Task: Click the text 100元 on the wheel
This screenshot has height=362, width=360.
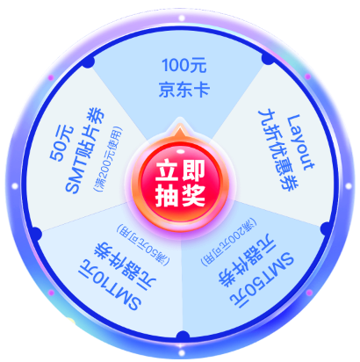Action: coord(184,65)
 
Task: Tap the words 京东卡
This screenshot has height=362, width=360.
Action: coord(184,89)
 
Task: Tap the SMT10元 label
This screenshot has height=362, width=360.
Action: coord(109,284)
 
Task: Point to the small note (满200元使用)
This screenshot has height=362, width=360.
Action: coord(107,159)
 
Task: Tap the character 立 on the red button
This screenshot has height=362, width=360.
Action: coord(167,170)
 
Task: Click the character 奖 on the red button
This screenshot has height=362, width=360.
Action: coord(193,195)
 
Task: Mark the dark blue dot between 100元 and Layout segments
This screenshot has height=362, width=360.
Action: coord(268,58)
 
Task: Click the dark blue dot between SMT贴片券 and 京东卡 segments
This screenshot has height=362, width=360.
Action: coord(89,62)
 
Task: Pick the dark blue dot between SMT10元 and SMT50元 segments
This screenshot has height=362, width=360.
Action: coord(183,337)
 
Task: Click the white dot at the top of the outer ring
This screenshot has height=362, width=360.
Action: coord(182,18)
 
